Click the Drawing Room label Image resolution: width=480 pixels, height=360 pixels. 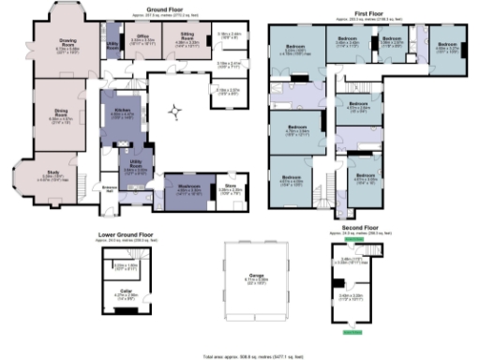(67, 42)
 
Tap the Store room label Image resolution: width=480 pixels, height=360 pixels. (232, 186)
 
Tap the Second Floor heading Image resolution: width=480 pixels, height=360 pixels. (352, 227)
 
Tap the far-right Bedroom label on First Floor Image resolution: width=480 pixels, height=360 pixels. (447, 43)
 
